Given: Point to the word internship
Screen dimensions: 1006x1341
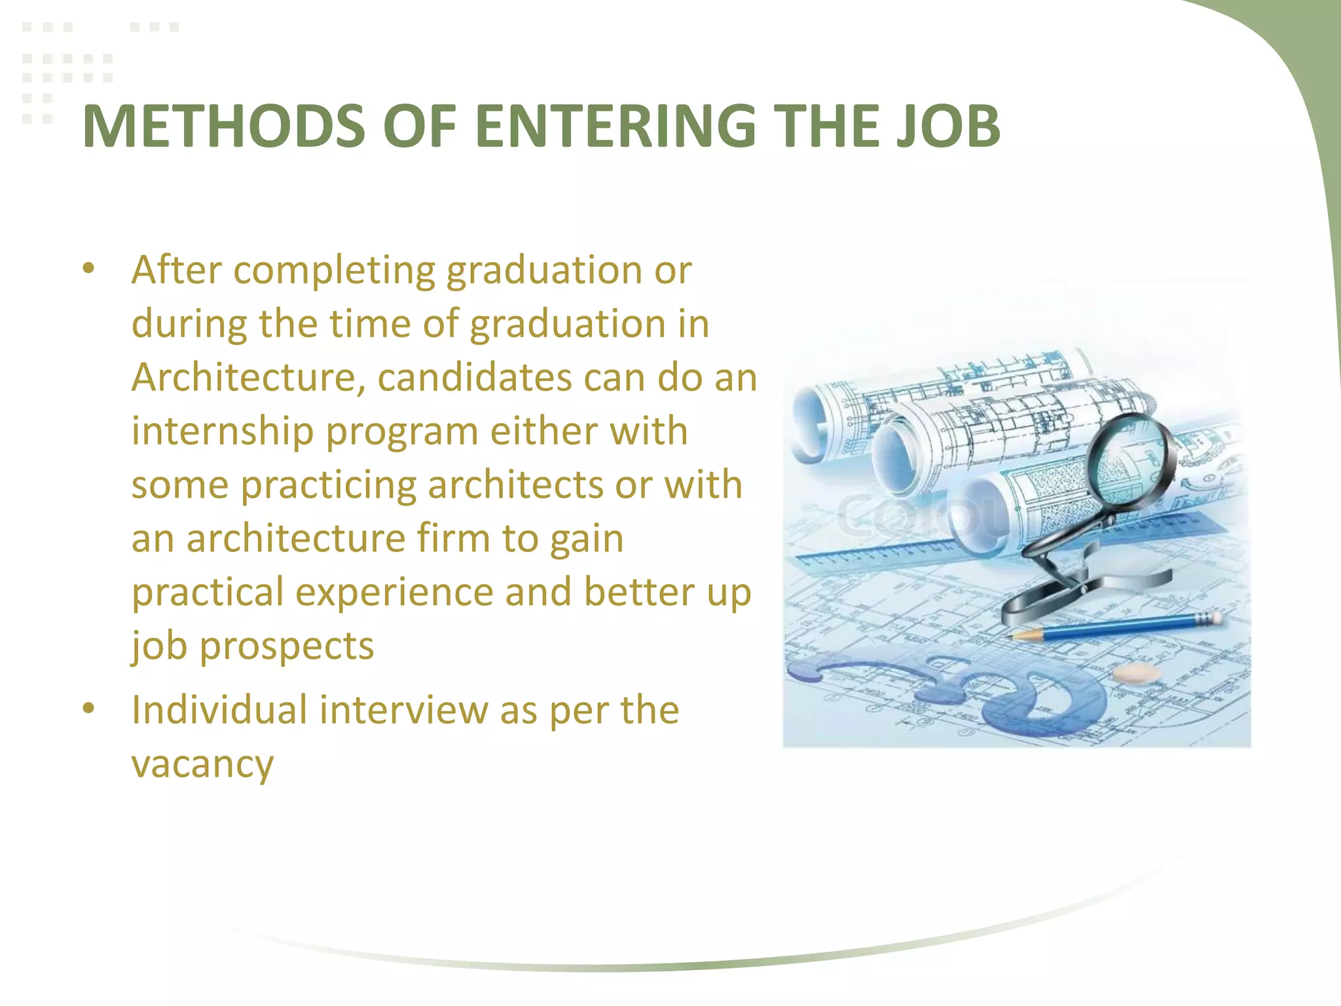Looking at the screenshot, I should (223, 432).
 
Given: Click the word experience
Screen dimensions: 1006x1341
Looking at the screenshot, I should (394, 592).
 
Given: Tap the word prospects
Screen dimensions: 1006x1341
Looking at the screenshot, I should (287, 646).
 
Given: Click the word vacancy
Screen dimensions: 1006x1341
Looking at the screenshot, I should (202, 764).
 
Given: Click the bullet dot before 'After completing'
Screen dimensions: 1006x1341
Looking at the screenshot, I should (89, 269).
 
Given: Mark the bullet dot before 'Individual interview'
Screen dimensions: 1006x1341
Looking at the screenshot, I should (89, 709).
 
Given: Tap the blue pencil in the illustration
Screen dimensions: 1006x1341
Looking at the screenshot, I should (1113, 627).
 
